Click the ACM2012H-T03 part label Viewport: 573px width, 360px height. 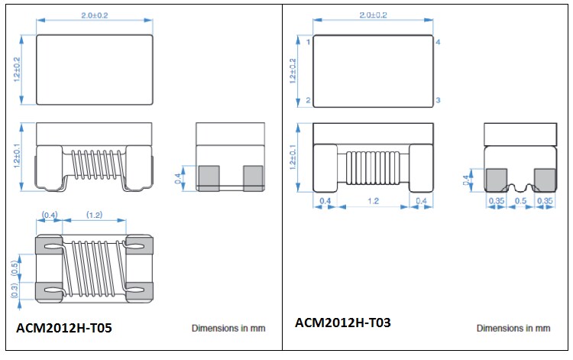tap(343, 323)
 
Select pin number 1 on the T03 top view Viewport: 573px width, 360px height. tap(308, 42)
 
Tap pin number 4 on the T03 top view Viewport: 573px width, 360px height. tap(438, 42)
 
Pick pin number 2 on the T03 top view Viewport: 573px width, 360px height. tap(308, 101)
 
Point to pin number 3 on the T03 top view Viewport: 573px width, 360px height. tap(438, 101)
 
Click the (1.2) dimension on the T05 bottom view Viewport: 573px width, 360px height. tap(95, 215)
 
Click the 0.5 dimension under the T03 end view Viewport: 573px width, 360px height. tap(520, 201)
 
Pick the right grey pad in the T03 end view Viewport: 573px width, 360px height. tap(543, 179)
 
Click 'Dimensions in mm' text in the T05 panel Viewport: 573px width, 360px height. tap(228, 328)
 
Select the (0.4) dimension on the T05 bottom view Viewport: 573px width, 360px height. tap(48, 215)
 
